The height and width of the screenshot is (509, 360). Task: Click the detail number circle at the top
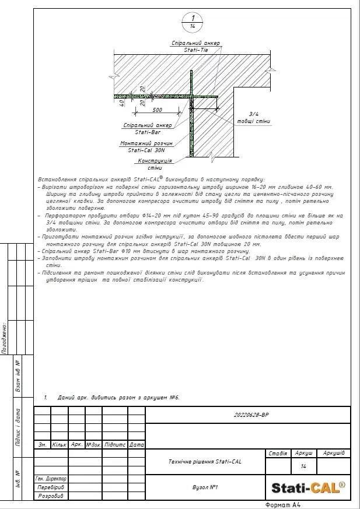192,22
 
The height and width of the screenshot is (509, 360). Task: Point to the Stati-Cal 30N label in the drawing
147,146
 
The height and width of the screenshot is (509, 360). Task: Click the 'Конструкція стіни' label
154,164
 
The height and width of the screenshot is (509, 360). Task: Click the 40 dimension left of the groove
121,103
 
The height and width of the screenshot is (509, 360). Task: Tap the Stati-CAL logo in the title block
308,487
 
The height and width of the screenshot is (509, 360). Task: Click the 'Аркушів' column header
333,453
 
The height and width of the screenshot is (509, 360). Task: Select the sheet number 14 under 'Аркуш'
303,466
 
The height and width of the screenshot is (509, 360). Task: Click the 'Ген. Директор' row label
51,479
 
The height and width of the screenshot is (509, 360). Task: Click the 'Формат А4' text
282,505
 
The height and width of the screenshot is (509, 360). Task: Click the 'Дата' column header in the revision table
137,444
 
